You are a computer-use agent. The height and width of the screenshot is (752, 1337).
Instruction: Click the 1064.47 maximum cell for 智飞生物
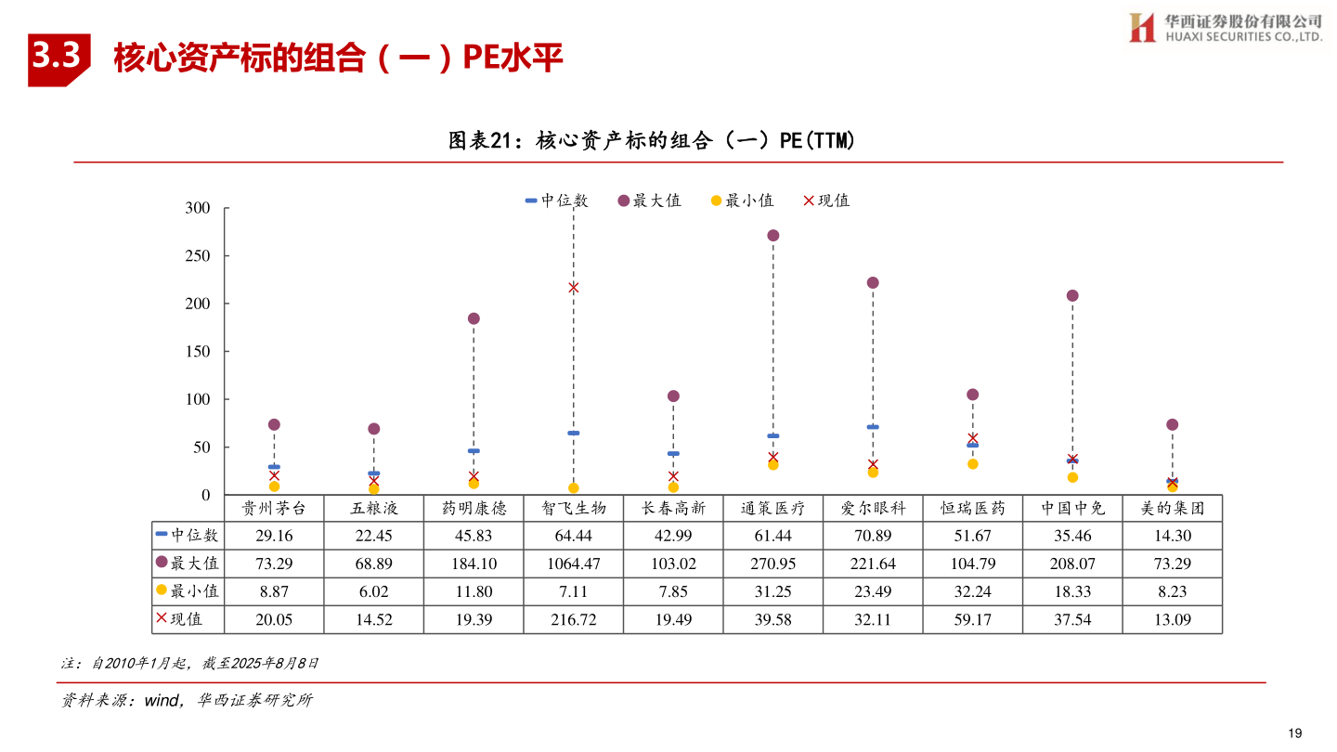coord(574,564)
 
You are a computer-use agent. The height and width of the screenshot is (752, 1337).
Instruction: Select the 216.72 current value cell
coord(574,619)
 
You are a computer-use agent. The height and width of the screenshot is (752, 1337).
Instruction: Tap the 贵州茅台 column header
coord(274,509)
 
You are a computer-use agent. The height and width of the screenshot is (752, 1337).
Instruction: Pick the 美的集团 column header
coord(1172,509)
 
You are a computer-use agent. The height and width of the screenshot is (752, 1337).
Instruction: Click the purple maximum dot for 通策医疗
coord(772,235)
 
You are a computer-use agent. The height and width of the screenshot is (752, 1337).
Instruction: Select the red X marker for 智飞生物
coord(574,288)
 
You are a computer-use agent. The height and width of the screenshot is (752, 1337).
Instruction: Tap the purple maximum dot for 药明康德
coord(474,318)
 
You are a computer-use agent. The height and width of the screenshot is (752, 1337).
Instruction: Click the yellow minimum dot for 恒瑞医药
coord(972,464)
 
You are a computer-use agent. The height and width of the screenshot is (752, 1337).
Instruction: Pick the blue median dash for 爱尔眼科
coord(873,427)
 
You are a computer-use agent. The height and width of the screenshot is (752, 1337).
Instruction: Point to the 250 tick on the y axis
coord(198,255)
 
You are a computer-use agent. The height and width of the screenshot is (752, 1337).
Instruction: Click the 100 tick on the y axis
coord(198,399)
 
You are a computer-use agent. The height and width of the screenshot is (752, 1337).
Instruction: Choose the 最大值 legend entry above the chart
coord(649,201)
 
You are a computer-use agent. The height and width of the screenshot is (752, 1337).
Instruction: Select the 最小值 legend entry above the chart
coord(742,201)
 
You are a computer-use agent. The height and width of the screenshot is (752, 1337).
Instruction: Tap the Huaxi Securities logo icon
coord(1141,28)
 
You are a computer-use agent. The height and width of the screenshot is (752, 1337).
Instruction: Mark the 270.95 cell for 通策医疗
coord(772,564)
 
